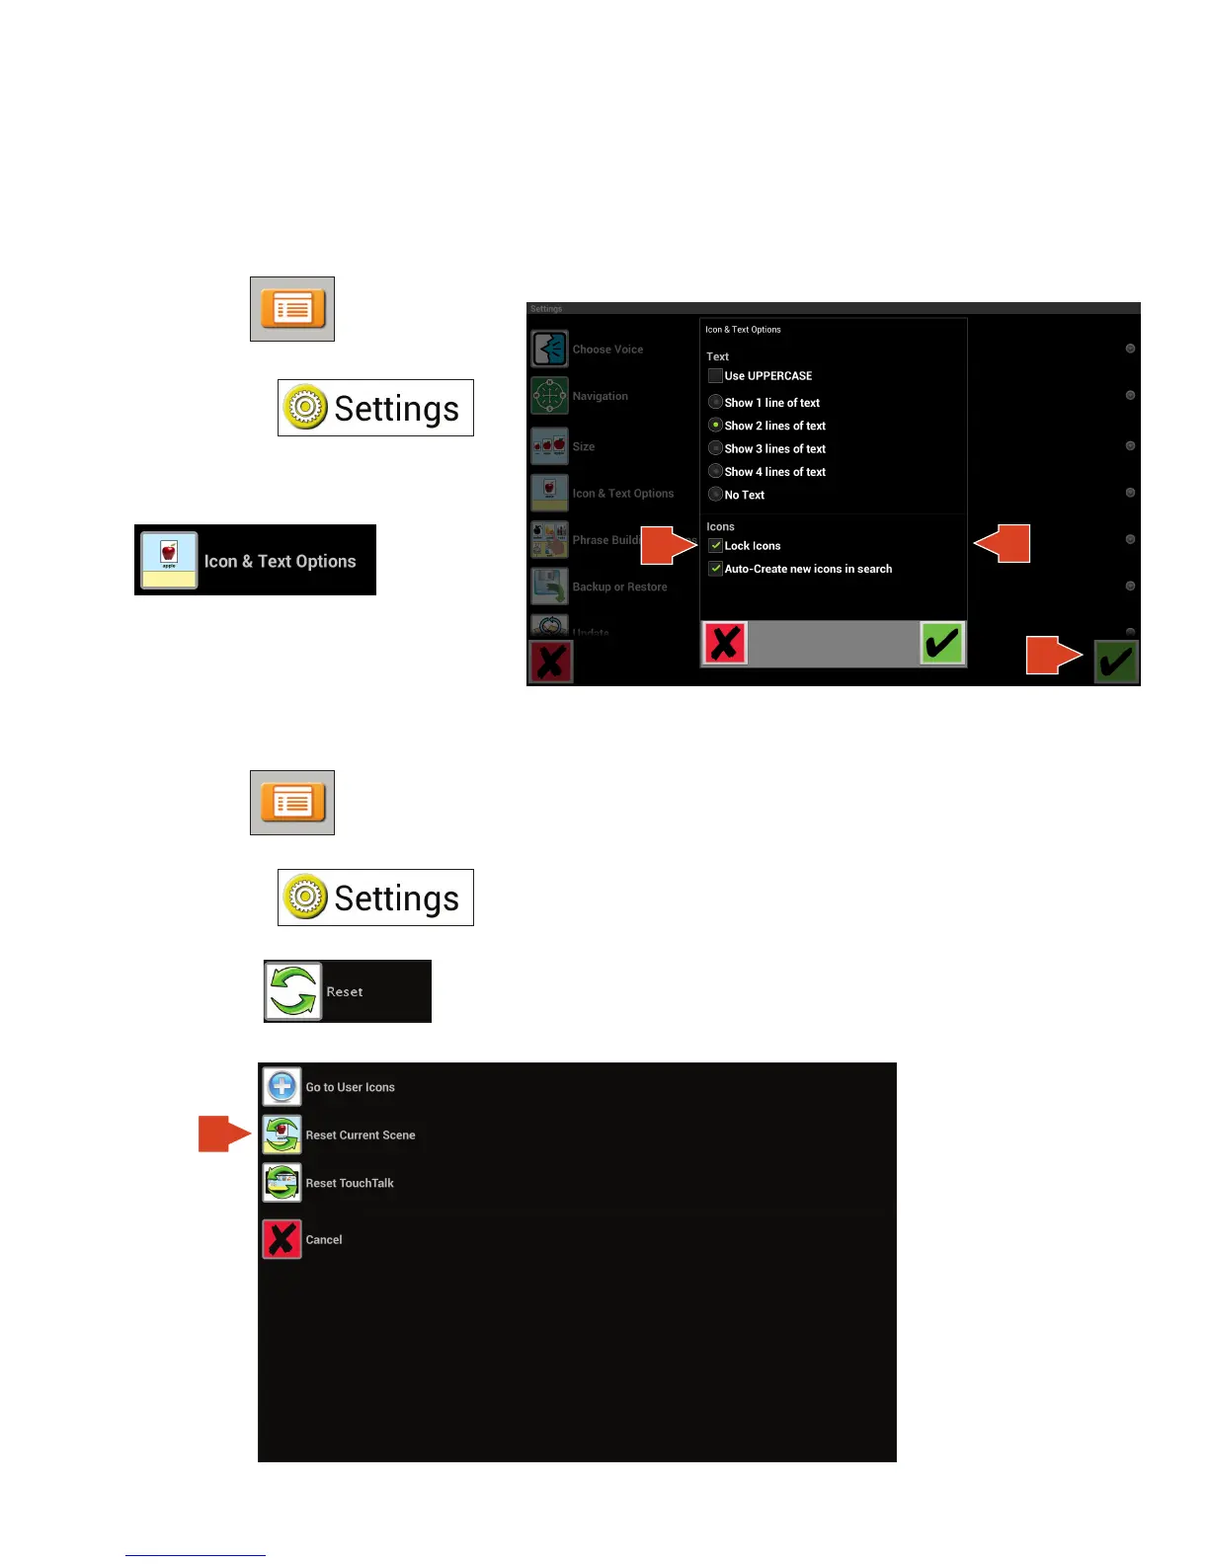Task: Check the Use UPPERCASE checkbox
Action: pos(715,376)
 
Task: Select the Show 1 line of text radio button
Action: pos(715,402)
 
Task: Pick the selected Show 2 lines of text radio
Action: pos(715,426)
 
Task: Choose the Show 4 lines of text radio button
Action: pos(715,471)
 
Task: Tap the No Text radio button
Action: pos(715,495)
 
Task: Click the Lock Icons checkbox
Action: pos(715,546)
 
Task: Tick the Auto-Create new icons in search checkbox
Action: pos(715,569)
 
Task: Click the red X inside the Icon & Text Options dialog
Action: pos(725,644)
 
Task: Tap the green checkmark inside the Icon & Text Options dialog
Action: pos(941,644)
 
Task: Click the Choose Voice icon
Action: pos(550,349)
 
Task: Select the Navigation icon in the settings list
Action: pos(550,396)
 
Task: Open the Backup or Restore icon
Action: pos(550,586)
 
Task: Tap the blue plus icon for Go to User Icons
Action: pos(282,1087)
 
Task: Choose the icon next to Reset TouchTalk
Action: pos(282,1183)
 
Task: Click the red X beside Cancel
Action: pos(282,1239)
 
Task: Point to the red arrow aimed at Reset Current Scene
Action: pos(223,1134)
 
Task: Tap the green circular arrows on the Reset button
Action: pos(293,991)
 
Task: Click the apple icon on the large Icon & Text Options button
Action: pos(169,560)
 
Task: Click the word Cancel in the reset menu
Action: pos(324,1240)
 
